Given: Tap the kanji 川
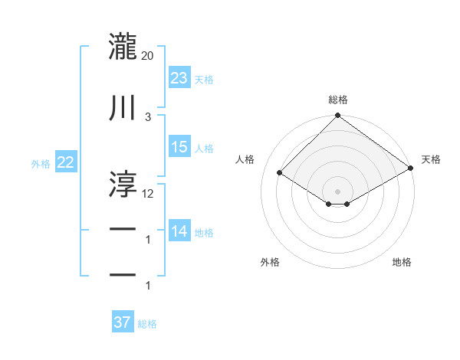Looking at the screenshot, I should (x=123, y=108).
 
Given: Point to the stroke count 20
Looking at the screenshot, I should (x=148, y=55).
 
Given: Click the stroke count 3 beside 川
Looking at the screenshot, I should (x=148, y=116).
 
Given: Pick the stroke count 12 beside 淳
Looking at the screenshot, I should (x=148, y=193).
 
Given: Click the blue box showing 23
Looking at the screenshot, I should (x=179, y=78).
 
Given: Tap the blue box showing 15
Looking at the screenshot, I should (x=179, y=147).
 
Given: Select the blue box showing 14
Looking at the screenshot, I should (x=179, y=231).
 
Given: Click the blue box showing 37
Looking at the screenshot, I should (x=123, y=322).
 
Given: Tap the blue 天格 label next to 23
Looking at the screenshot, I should (x=204, y=80).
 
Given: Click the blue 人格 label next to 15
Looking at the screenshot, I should (x=204, y=148).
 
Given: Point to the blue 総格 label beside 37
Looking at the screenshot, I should (x=147, y=324).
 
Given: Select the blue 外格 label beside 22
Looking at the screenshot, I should (x=41, y=163).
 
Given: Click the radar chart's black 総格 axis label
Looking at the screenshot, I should (x=337, y=100).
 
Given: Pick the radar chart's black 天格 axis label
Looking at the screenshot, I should (x=431, y=159).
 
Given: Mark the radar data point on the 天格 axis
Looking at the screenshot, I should (x=412, y=170).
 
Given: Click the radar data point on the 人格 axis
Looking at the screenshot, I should (x=280, y=173).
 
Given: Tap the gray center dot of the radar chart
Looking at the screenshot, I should (x=337, y=191).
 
